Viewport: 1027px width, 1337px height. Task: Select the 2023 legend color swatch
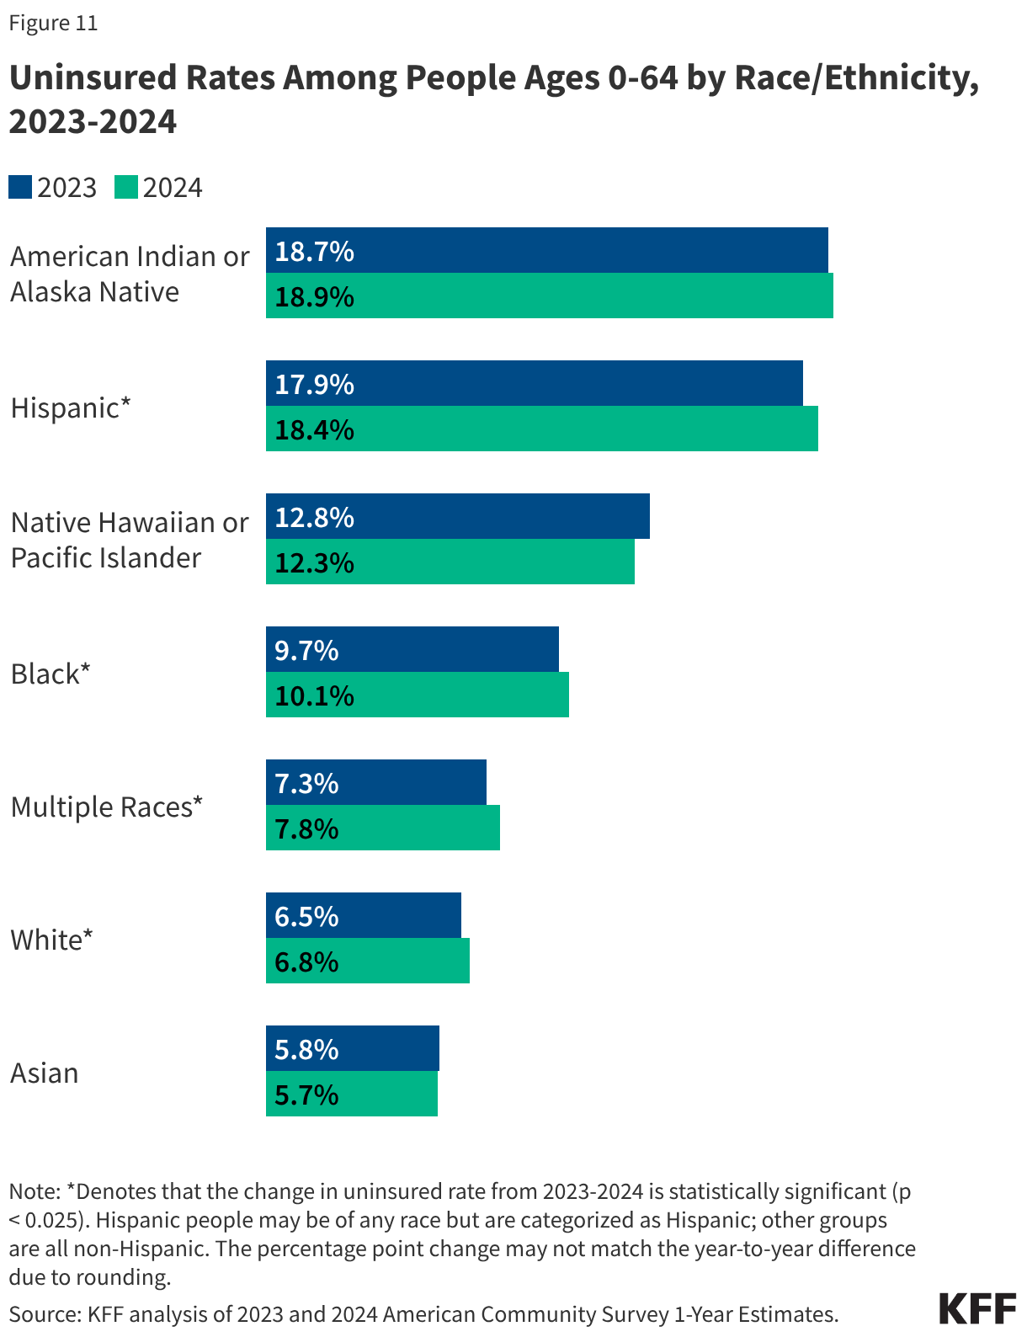(x=20, y=187)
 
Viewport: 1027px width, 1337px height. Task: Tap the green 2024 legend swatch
(x=126, y=187)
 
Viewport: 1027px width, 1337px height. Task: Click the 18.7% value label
(x=314, y=251)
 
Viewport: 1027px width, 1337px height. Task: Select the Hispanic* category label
(x=71, y=407)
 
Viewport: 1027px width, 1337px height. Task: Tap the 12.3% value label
(x=314, y=562)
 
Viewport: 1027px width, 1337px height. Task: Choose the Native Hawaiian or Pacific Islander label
(x=129, y=540)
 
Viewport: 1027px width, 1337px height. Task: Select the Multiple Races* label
(x=107, y=807)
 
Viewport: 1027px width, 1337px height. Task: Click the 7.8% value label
(x=306, y=828)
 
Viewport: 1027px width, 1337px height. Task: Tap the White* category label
(x=51, y=940)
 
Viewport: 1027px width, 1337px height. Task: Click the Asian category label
(x=45, y=1073)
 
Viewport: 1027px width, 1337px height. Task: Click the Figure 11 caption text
(x=53, y=23)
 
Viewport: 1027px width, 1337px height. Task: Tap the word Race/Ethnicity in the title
(x=850, y=77)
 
